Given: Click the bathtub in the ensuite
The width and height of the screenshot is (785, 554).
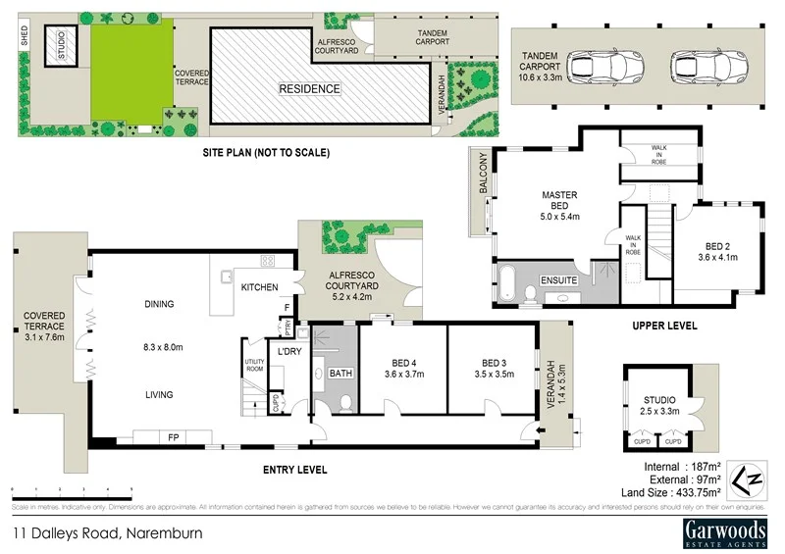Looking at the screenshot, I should point(510,281).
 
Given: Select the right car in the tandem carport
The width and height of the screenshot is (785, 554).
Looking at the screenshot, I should point(699,67).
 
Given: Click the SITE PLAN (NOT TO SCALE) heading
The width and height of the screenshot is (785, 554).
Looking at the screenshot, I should point(266,153).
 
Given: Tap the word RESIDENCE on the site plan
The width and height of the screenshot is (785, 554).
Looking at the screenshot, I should point(309,89).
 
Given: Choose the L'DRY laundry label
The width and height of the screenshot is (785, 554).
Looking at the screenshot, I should point(288,351).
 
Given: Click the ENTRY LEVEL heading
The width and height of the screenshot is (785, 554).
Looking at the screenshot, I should point(295,471).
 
